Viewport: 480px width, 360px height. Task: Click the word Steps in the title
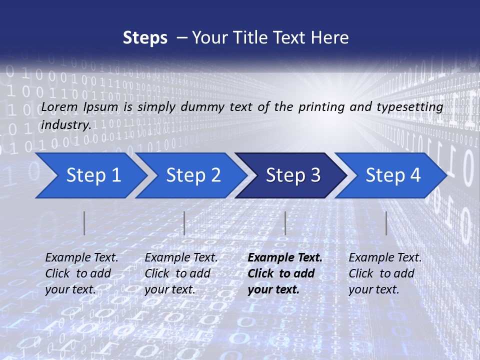pos(145,37)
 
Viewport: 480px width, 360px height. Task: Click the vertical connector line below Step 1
pos(84,223)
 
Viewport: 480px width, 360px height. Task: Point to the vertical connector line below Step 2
pos(184,223)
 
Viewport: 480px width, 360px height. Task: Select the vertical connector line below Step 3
pos(285,223)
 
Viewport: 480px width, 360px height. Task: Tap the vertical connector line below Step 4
pos(386,223)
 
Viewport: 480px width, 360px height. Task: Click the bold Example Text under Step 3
pos(285,258)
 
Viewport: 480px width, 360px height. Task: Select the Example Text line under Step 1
pos(81,258)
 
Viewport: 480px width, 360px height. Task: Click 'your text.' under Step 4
pos(373,289)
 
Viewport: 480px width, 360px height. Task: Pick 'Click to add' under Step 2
pos(177,273)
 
